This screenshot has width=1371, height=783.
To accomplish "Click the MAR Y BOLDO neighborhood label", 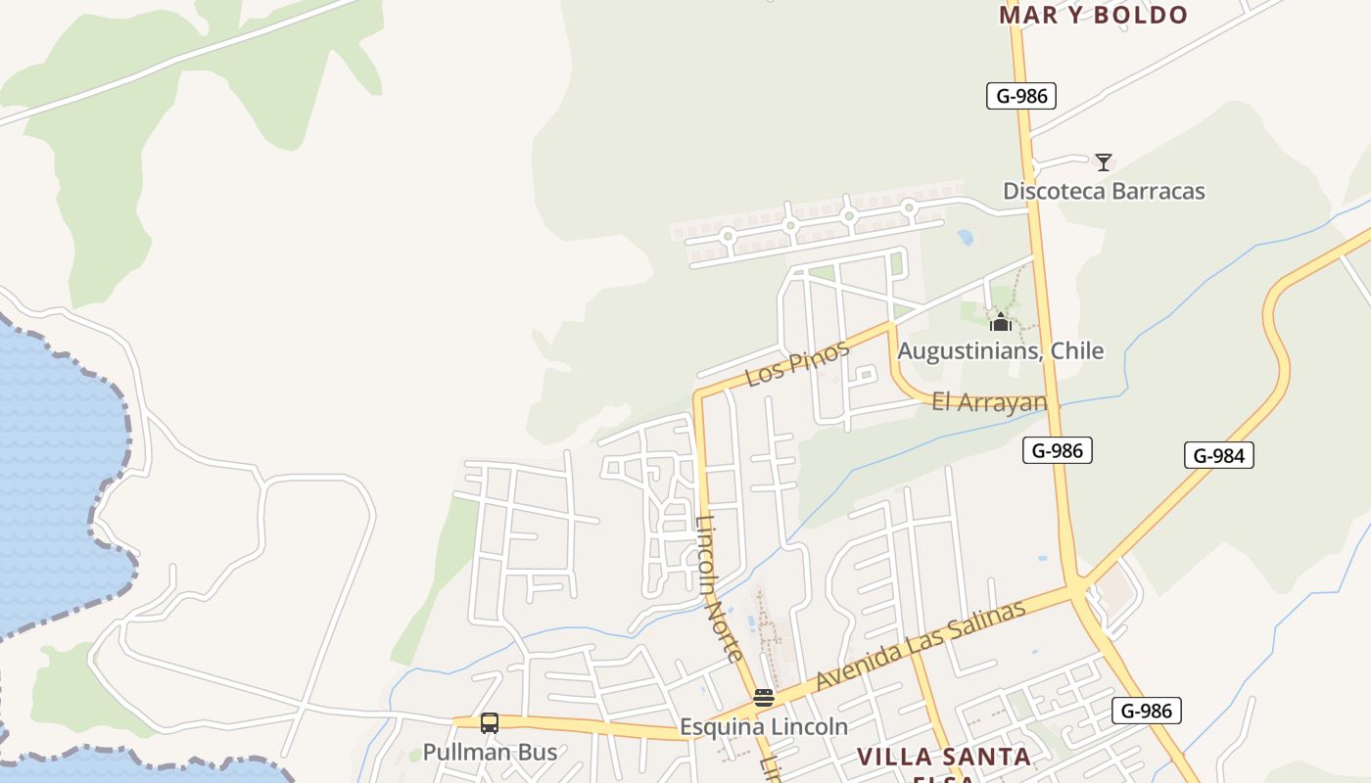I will pyautogui.click(x=1093, y=15).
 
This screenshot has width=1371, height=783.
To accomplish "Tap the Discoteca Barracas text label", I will pyautogui.click(x=1104, y=191).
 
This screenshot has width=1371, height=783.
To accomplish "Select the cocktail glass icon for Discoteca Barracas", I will pyautogui.click(x=1104, y=162).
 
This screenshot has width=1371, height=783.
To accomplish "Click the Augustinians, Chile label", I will pyautogui.click(x=1000, y=350).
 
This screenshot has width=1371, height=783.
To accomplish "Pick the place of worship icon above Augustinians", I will pyautogui.click(x=1000, y=322).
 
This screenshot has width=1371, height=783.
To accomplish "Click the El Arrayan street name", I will pyautogui.click(x=989, y=401).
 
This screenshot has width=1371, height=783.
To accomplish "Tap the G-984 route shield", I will pyautogui.click(x=1218, y=455).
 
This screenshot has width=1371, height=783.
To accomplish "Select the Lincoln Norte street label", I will pyautogui.click(x=720, y=587).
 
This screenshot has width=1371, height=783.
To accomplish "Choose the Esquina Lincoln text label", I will pyautogui.click(x=764, y=727).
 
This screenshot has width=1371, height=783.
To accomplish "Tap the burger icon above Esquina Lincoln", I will pyautogui.click(x=764, y=698).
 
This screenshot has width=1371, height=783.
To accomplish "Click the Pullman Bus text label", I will pyautogui.click(x=490, y=753).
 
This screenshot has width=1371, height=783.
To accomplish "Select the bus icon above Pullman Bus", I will pyautogui.click(x=490, y=723).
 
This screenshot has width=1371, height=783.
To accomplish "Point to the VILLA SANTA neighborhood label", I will pyautogui.click(x=944, y=757).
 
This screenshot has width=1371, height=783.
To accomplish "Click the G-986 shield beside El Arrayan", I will pyautogui.click(x=1057, y=450).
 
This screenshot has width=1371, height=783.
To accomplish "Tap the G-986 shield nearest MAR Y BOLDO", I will pyautogui.click(x=1020, y=96).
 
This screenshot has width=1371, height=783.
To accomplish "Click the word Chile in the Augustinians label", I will pyautogui.click(x=1076, y=350).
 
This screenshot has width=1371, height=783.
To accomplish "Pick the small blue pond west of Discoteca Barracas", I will pyautogui.click(x=966, y=237).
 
